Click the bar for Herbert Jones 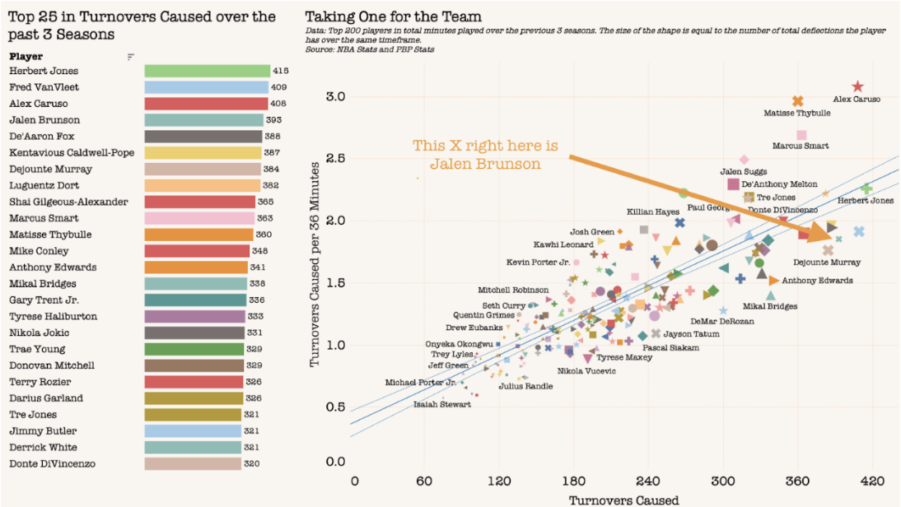click(207, 72)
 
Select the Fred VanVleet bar click(206, 88)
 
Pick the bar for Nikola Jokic click(194, 333)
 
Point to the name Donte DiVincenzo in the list click(53, 464)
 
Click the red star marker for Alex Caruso click(857, 86)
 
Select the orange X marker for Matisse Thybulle click(797, 101)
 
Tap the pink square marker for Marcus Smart click(801, 135)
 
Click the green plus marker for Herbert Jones click(866, 189)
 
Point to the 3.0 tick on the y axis click(336, 97)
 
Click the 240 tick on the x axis click(648, 481)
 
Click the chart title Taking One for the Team click(393, 16)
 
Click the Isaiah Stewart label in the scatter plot click(441, 404)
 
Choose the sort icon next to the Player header click(131, 57)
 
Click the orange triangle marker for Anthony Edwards click(773, 281)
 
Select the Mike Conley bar click(197, 251)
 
